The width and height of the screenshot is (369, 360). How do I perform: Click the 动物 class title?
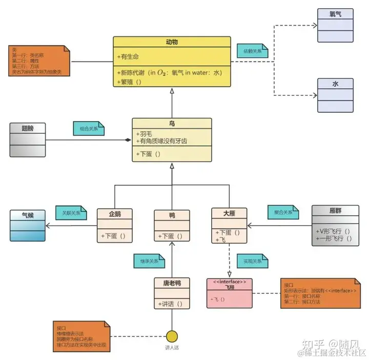pos(172,42)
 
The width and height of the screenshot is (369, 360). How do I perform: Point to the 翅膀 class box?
pos(27,139)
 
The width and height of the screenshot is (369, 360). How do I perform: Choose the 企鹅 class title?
pos(115,215)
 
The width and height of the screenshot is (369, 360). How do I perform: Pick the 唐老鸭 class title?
pos(172,284)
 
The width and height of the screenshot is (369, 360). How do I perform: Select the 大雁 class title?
pos(229,214)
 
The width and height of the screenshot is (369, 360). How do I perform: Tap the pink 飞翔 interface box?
pos(229,293)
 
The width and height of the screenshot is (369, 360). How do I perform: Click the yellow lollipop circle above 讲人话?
pos(172,336)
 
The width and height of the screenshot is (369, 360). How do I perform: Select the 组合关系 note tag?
pos(89,129)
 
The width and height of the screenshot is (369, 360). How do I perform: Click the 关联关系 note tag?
pos(72,212)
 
